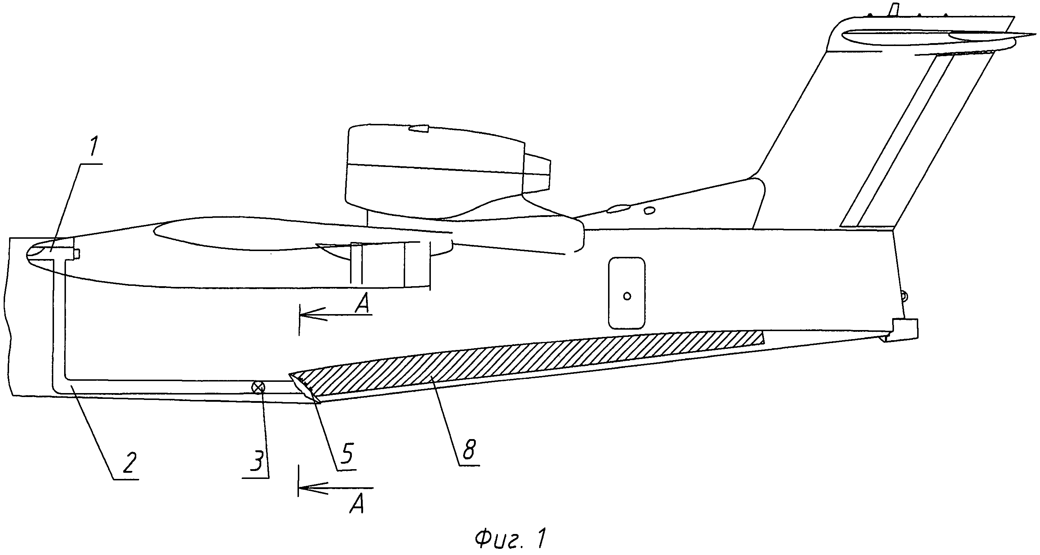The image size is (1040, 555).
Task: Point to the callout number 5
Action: [x=346, y=454]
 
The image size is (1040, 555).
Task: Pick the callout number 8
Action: [x=469, y=449]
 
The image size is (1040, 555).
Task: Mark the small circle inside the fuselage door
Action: [x=627, y=297]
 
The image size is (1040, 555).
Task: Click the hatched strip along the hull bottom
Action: [x=525, y=359]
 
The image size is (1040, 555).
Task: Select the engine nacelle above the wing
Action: [x=434, y=172]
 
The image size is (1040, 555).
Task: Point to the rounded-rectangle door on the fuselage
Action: [x=627, y=293]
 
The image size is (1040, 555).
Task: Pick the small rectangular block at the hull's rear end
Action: [x=905, y=328]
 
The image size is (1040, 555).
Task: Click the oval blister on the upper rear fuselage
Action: [x=618, y=209]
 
